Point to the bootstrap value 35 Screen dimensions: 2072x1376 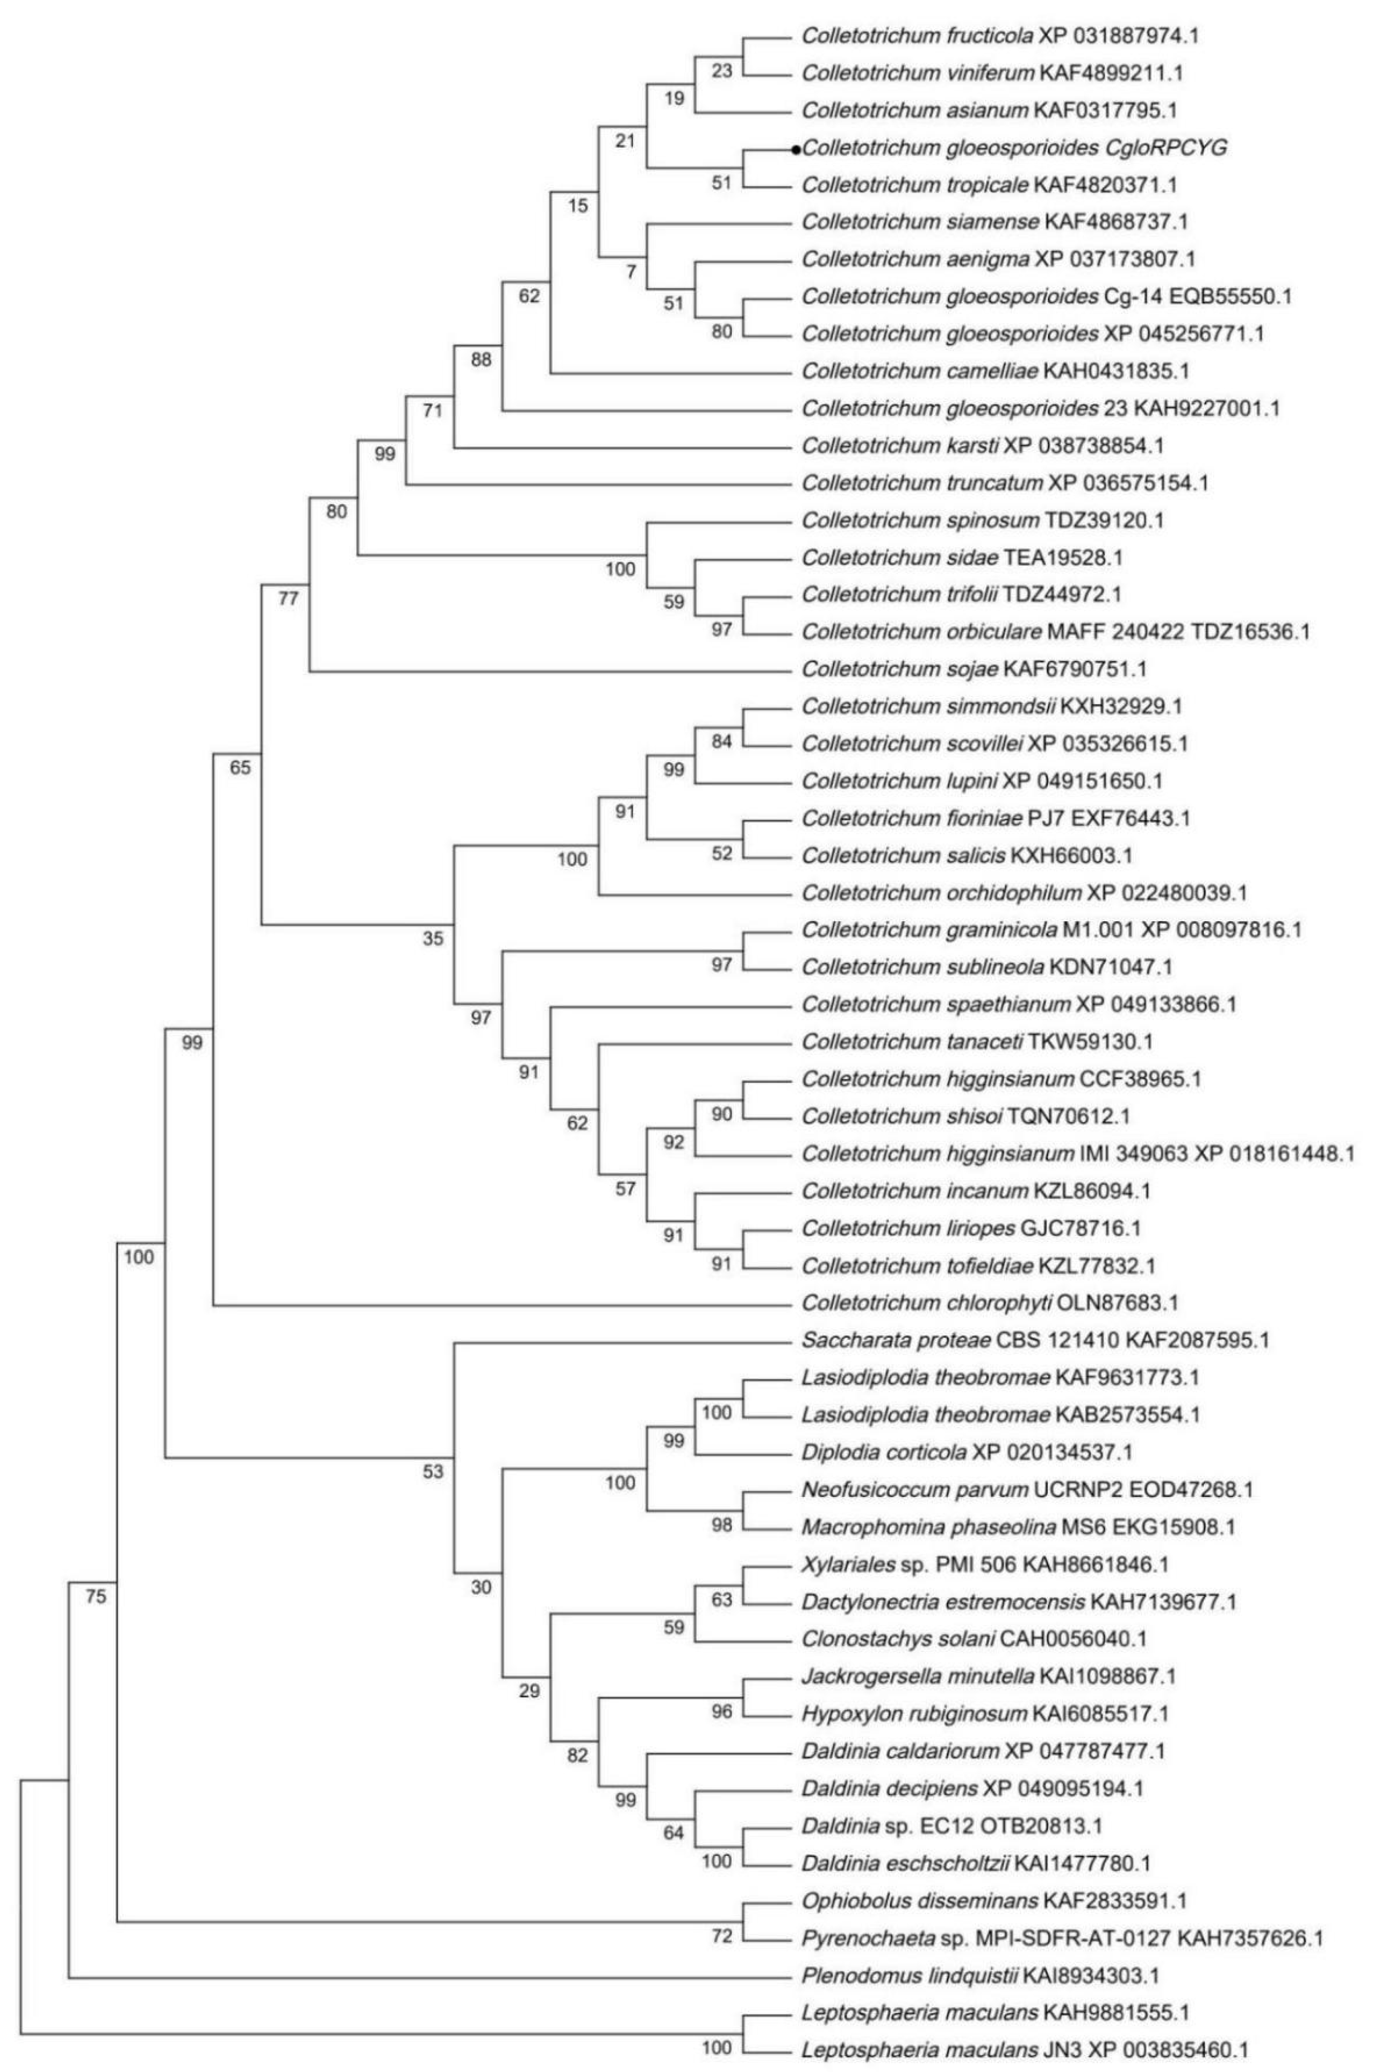(434, 939)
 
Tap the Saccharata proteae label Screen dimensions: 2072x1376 (1035, 1340)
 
